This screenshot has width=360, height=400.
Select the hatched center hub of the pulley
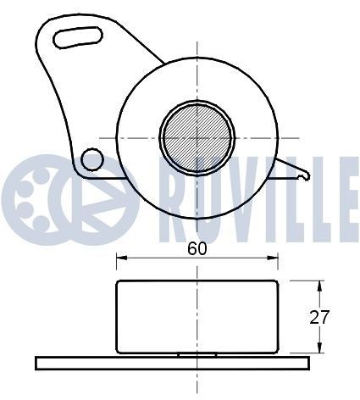pyautogui.click(x=198, y=135)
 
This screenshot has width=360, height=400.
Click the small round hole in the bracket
pyautogui.click(x=92, y=158)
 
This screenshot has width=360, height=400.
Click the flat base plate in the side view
pyautogui.click(x=169, y=364)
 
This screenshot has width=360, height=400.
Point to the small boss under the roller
pyautogui.click(x=197, y=353)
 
